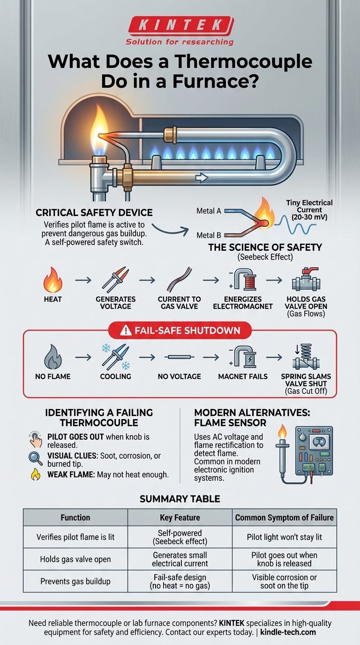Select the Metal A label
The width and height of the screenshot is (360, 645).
209,211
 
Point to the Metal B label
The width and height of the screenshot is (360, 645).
209,234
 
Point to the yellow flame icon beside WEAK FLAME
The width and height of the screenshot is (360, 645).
36,475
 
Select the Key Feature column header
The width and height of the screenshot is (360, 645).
180,517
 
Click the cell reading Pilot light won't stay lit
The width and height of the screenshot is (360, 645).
285,537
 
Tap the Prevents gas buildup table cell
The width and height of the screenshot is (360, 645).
75,581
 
